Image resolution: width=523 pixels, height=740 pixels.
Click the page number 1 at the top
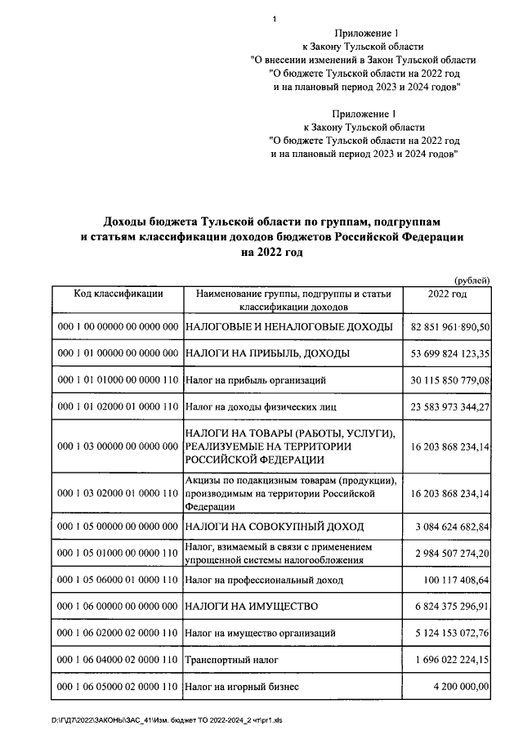coord(275,19)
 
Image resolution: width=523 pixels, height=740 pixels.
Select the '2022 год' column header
coord(447,294)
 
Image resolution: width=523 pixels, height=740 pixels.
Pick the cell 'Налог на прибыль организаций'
coord(257,380)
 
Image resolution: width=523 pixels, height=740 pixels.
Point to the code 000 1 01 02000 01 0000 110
coord(118,406)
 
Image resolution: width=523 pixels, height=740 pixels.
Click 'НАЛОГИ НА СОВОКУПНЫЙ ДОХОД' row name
coord(275,526)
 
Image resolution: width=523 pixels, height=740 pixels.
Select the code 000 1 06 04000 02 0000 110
coord(118,659)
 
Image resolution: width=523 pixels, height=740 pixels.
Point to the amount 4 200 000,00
coord(462,686)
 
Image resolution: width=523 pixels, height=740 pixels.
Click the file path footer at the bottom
coord(164,720)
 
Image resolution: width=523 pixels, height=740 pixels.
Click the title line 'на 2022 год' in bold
coord(271,253)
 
